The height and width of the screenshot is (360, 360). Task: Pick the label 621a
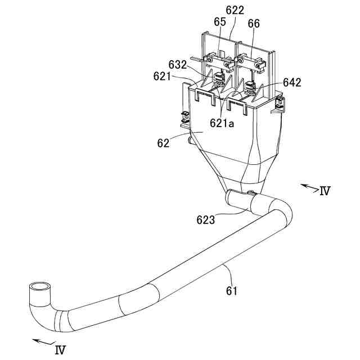(222, 123)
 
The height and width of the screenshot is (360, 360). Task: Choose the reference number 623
(205, 220)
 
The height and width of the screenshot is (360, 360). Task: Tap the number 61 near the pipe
(232, 290)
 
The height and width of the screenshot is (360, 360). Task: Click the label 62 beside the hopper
(163, 143)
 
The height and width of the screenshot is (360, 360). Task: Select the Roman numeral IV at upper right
(324, 191)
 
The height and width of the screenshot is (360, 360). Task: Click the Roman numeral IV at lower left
(60, 350)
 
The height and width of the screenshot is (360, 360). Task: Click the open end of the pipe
(39, 289)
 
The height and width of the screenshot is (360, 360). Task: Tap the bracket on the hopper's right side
(279, 105)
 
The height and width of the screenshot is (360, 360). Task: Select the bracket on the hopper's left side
(183, 119)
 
